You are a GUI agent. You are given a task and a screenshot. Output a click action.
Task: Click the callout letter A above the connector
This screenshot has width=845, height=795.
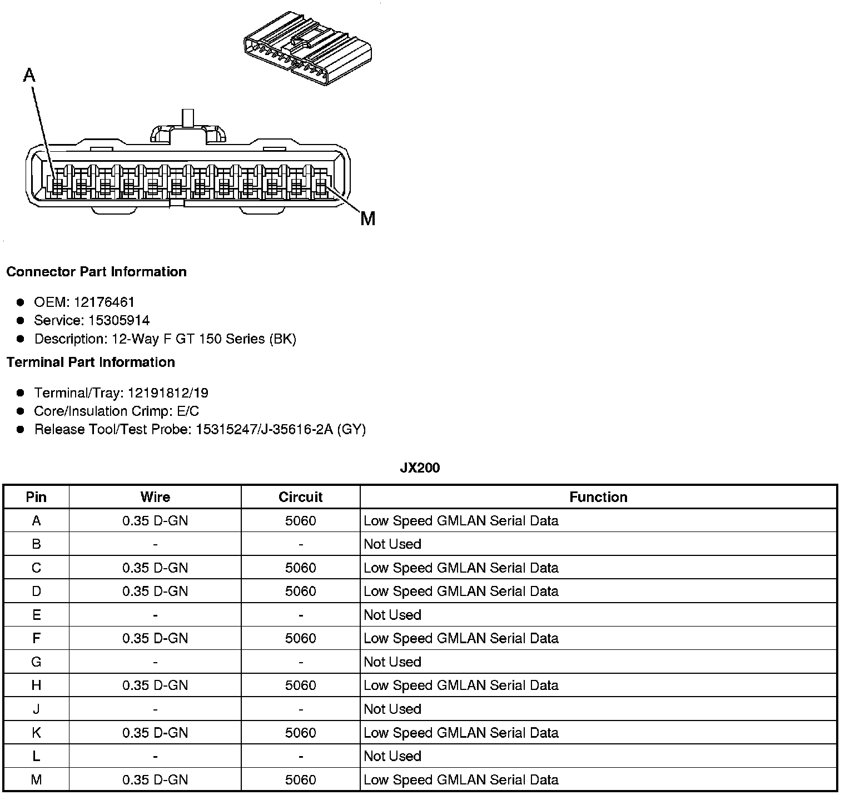[x=29, y=75]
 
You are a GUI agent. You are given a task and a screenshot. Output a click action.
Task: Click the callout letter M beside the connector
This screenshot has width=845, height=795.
[x=367, y=219]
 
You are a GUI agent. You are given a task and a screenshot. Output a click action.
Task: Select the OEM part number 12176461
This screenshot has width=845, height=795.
[x=104, y=302]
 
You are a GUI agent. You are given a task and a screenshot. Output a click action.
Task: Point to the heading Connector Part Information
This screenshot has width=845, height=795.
[x=96, y=272]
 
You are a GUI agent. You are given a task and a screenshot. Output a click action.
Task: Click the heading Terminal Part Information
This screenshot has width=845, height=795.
[x=91, y=362]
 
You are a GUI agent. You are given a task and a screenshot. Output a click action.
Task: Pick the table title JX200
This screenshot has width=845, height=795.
[x=420, y=468]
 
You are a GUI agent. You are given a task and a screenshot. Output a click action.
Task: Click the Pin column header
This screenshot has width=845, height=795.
[x=36, y=497]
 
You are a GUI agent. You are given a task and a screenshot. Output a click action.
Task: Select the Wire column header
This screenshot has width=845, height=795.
[x=155, y=497]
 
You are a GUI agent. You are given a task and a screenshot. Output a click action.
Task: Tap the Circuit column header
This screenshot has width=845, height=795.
[x=300, y=497]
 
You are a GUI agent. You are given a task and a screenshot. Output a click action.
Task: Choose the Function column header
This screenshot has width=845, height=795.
[x=598, y=497]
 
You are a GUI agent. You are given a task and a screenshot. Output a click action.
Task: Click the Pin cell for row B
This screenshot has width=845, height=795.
[x=36, y=544]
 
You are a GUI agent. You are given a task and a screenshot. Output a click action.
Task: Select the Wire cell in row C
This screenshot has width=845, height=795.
[x=155, y=568]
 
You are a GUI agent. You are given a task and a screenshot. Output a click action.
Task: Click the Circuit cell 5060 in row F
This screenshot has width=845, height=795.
[x=300, y=638]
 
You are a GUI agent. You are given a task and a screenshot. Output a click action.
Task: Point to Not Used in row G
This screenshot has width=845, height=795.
[x=392, y=662]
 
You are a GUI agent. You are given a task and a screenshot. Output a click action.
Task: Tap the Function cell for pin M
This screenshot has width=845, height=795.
[x=461, y=780]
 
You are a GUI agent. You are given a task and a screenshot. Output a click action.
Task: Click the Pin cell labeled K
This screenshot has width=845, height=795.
[x=36, y=733]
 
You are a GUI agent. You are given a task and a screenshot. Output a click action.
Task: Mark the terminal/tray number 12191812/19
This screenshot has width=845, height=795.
[x=168, y=393]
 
